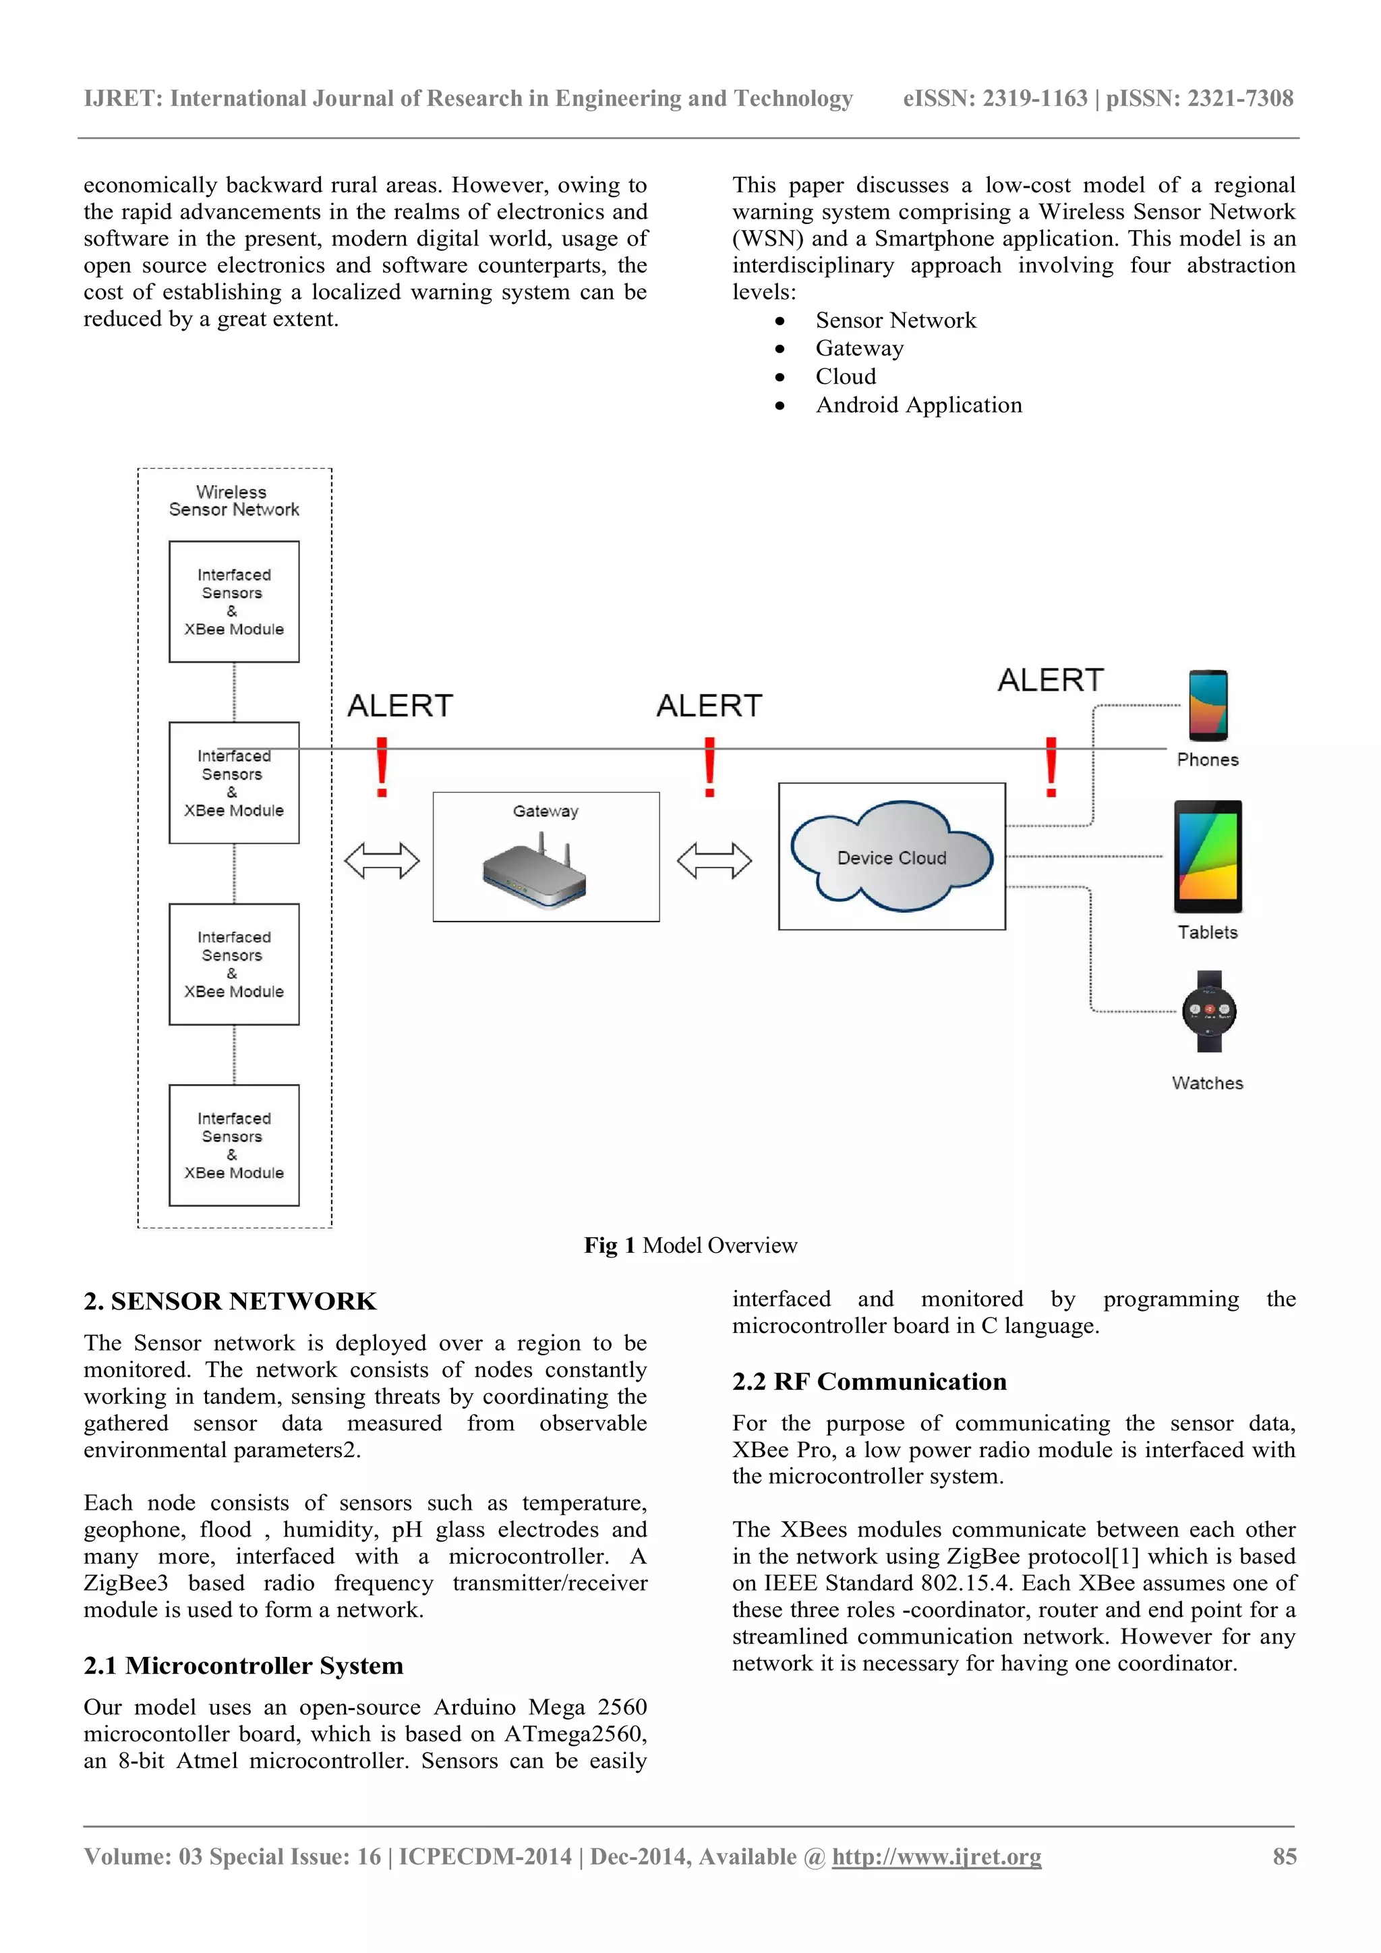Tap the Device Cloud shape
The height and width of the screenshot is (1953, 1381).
pos(891,857)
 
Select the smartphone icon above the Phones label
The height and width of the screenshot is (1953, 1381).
pos(1208,705)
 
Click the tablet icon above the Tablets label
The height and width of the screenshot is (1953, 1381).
pos(1208,855)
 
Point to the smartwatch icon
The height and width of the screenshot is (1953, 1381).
pos(1208,1011)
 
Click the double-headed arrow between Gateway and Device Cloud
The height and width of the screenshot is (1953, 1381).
pos(714,860)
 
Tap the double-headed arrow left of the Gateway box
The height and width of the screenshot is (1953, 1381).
pos(382,860)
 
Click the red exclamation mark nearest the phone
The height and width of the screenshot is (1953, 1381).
pos(1051,767)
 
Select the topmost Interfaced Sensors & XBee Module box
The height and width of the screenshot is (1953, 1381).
pos(234,601)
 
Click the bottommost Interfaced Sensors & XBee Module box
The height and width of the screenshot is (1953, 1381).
pos(234,1145)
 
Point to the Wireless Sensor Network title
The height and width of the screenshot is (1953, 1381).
pos(233,501)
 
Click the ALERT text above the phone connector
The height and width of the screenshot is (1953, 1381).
pos(1050,681)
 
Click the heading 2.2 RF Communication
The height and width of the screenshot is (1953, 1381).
pos(869,1382)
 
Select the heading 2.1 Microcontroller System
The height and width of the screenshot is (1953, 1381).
pos(243,1666)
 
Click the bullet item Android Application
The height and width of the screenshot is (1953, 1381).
pos(918,405)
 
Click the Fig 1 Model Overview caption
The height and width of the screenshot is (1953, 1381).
pos(690,1245)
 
